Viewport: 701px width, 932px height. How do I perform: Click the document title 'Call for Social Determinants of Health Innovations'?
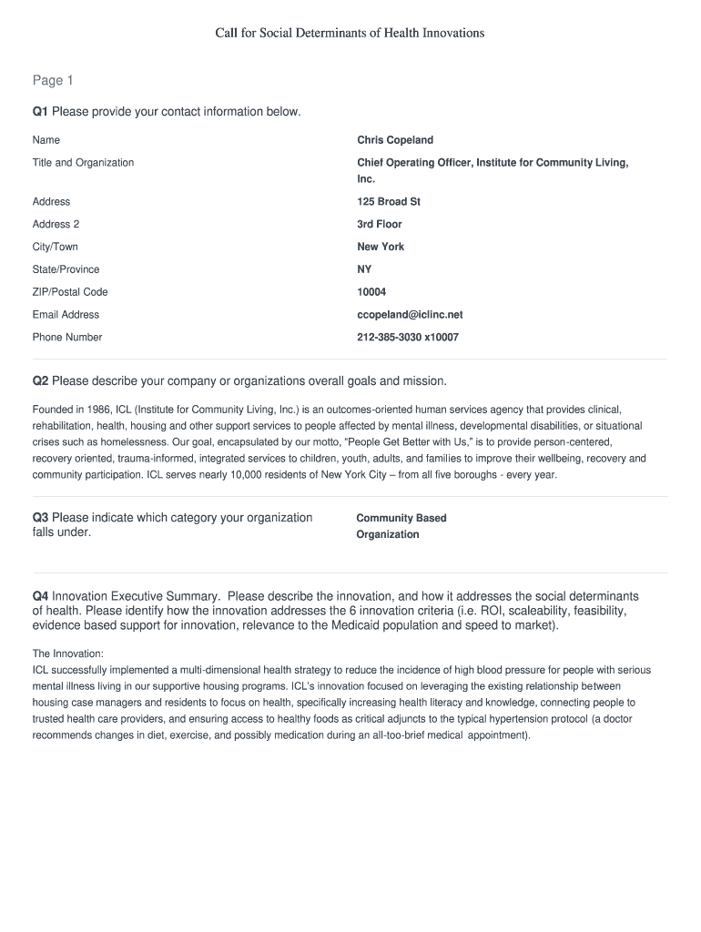point(350,33)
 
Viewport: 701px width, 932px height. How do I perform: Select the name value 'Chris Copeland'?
point(395,140)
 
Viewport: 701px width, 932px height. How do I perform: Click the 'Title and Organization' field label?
point(83,163)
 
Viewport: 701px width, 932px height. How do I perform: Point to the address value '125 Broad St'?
point(389,202)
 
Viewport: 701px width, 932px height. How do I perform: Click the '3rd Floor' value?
point(380,225)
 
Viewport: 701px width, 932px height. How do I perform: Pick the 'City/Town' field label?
point(56,248)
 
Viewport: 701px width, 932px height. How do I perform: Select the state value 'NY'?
point(364,270)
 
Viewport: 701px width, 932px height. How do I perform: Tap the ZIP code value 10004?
point(371,292)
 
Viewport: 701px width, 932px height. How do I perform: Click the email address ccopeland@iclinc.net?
point(410,315)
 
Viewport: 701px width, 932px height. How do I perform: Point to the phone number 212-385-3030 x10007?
point(408,338)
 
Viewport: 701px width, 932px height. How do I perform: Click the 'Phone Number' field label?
point(67,338)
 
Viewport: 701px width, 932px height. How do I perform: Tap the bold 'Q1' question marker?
point(40,112)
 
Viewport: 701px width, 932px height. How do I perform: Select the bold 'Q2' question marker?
point(40,380)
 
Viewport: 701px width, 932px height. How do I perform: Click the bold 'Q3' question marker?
point(40,518)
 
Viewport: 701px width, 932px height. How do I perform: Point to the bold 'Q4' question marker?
point(40,596)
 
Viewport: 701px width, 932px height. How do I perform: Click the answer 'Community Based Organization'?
point(401,526)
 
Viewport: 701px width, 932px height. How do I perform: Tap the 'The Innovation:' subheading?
point(68,653)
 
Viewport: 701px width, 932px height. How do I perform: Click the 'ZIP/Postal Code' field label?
point(70,292)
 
